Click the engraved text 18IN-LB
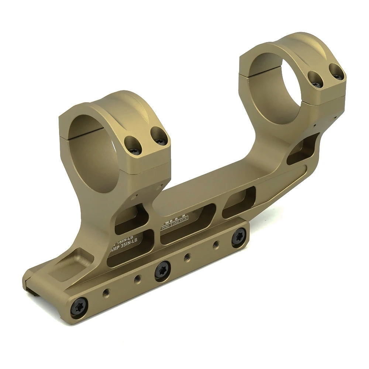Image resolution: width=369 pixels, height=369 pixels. [x=127, y=241]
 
